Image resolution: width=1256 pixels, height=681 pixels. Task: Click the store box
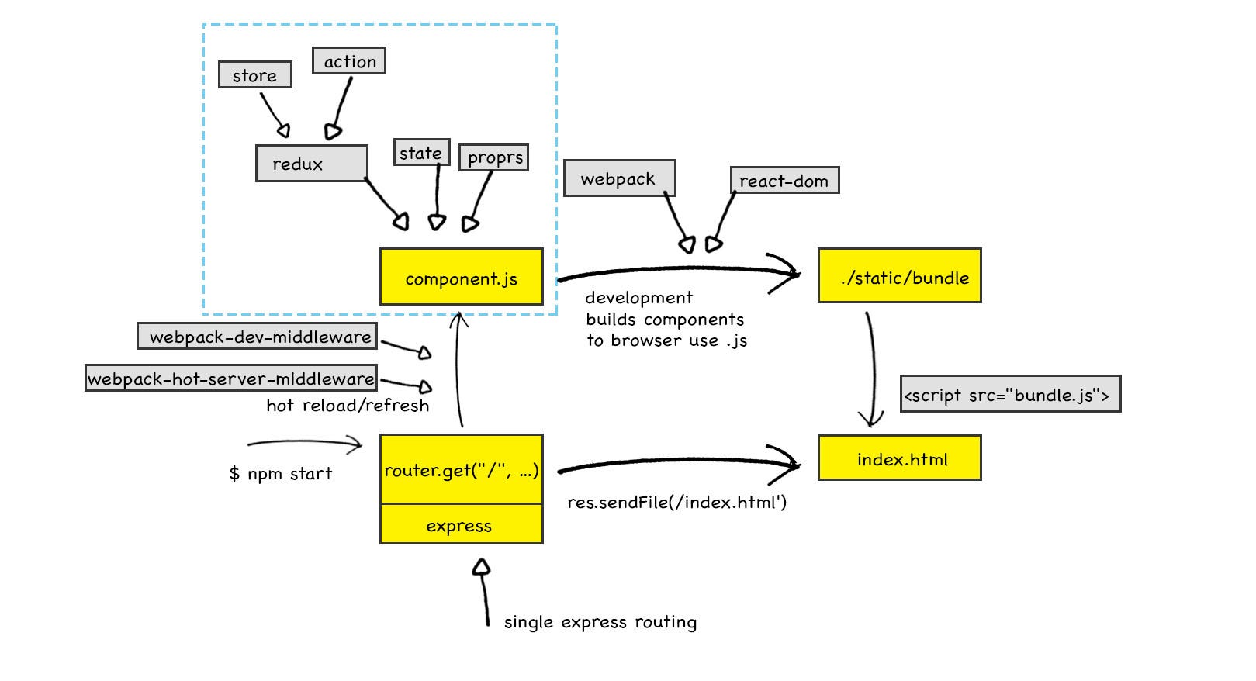coord(255,74)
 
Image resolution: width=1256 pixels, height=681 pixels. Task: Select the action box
coord(349,60)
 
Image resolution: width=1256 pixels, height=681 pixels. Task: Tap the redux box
coord(312,163)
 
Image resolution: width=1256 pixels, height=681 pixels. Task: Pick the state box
coord(422,152)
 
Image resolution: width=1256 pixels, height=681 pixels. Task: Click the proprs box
coord(494,157)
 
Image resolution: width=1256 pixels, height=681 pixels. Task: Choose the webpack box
coord(620,178)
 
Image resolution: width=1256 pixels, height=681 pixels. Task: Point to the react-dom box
coord(785,180)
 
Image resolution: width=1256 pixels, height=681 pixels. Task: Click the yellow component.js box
coord(462,277)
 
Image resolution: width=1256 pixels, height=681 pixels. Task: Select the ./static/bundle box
coord(900,276)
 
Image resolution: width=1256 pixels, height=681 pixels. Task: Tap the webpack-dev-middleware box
coord(258,336)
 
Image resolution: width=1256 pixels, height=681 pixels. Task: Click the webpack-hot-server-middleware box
coord(231,378)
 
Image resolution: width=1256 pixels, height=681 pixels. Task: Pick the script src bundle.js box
coord(1011,394)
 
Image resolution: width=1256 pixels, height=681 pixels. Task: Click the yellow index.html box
coord(900,458)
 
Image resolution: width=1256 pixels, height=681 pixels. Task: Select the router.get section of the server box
coord(462,469)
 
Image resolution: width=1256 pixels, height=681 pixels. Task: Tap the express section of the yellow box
coord(462,524)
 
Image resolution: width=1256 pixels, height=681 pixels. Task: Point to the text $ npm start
coord(281,474)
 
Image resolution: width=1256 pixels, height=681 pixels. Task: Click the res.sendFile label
coord(677,502)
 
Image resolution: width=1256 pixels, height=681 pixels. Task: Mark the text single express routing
coord(600,622)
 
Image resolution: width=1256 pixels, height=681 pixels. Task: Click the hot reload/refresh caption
coord(348,405)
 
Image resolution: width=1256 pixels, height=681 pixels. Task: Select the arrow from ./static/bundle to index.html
coord(874,370)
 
